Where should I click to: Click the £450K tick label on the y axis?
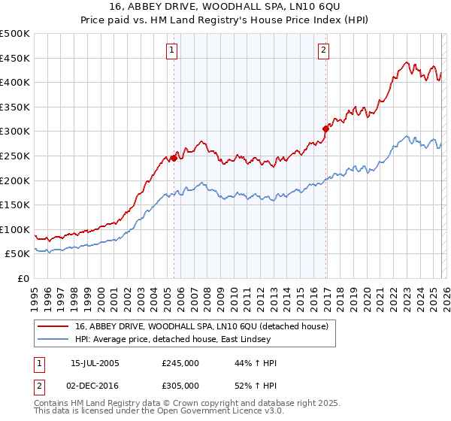coord(15,58)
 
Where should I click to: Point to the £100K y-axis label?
coord(15,229)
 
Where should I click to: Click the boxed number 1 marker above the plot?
coord(173,50)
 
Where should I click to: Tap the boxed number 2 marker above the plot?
coord(323,50)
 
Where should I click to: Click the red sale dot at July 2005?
coord(174,158)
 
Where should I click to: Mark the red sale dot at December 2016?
coord(325,129)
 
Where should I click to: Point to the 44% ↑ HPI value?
coord(256,362)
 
